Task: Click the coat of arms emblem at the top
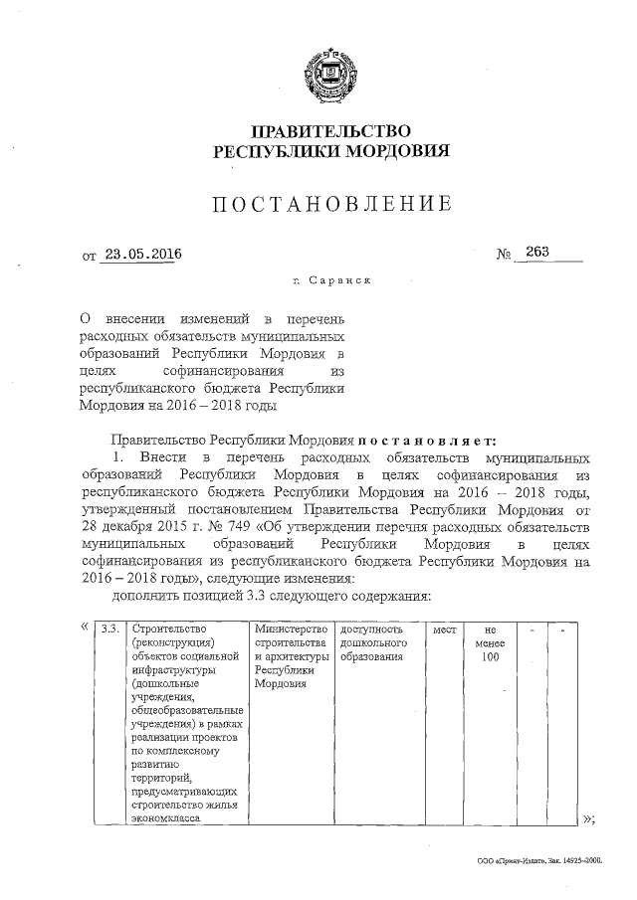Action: [328, 75]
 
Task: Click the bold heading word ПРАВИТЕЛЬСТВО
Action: [328, 131]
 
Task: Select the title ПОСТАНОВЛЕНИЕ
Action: [329, 205]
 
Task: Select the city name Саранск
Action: [340, 281]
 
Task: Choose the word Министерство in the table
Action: [291, 630]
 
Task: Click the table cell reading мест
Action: [442, 630]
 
